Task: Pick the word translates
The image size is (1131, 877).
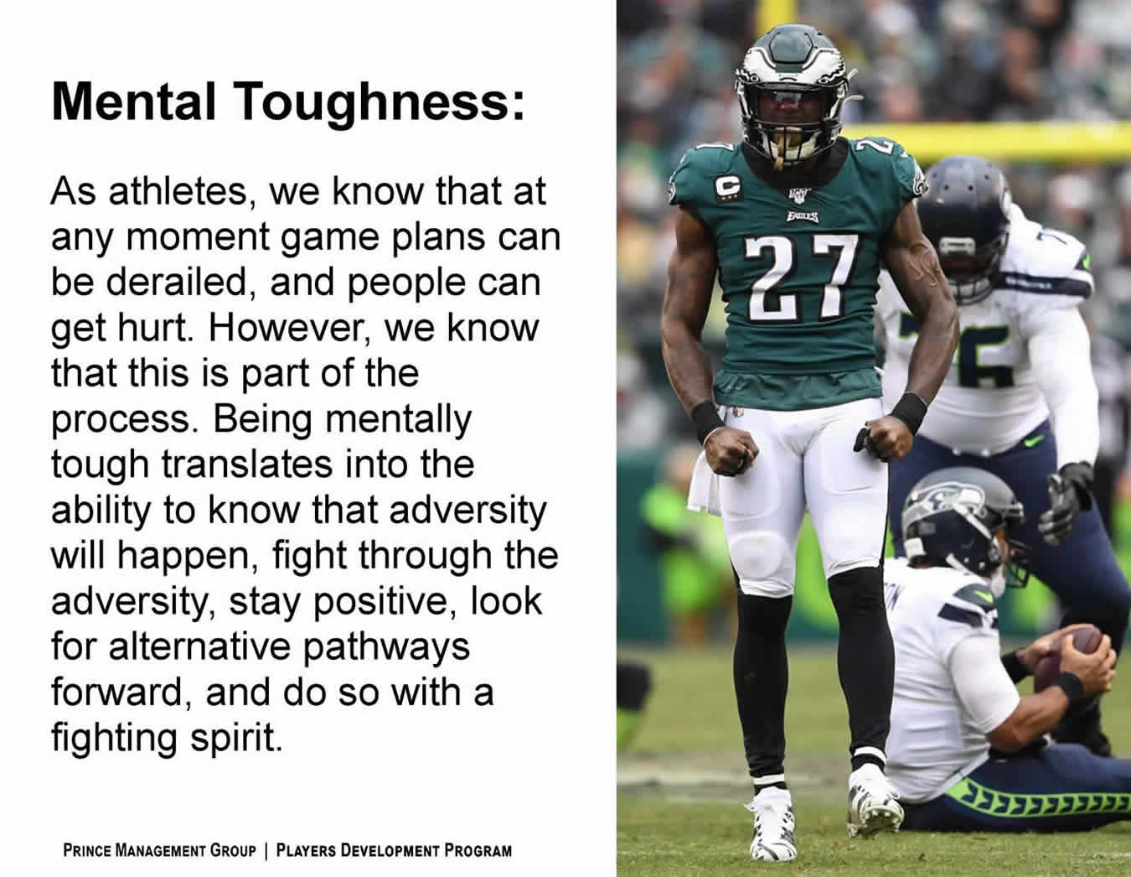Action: tap(246, 464)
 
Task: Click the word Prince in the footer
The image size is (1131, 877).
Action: tap(87, 850)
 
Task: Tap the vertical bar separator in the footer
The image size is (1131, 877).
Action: tap(266, 851)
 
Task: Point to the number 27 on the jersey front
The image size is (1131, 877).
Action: tap(799, 277)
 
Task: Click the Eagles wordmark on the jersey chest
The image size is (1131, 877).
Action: tap(803, 216)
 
